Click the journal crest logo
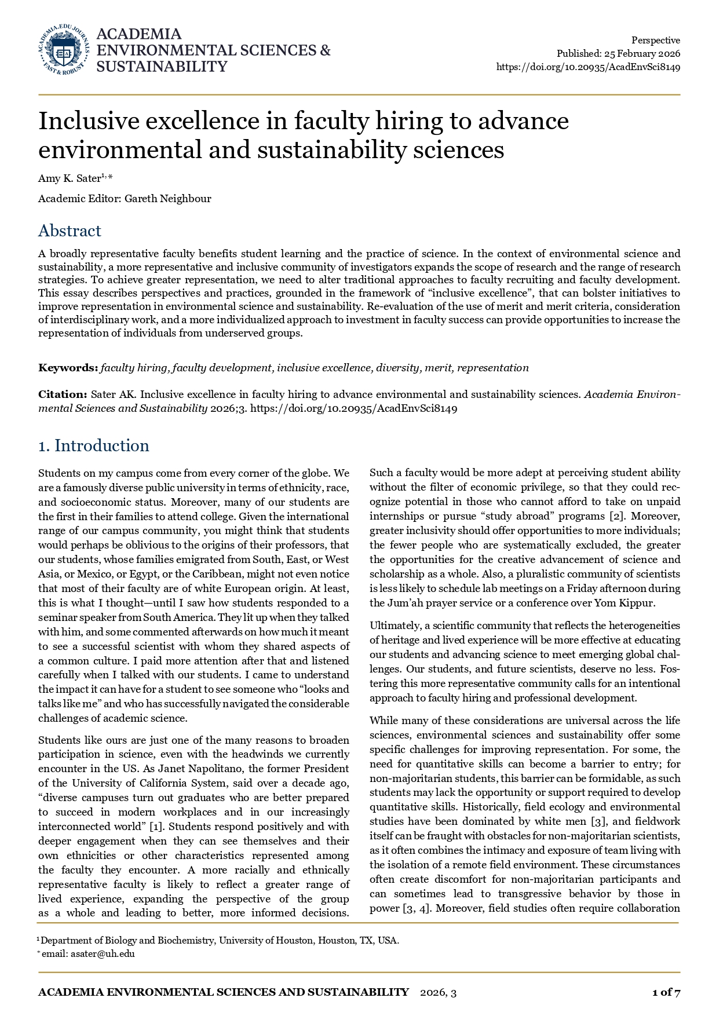point(64,50)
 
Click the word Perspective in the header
point(655,40)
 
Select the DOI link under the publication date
point(588,67)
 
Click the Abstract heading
point(70,231)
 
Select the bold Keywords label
point(68,368)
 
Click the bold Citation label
point(63,394)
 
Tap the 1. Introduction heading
point(94,445)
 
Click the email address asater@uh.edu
point(103,954)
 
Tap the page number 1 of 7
point(666,992)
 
